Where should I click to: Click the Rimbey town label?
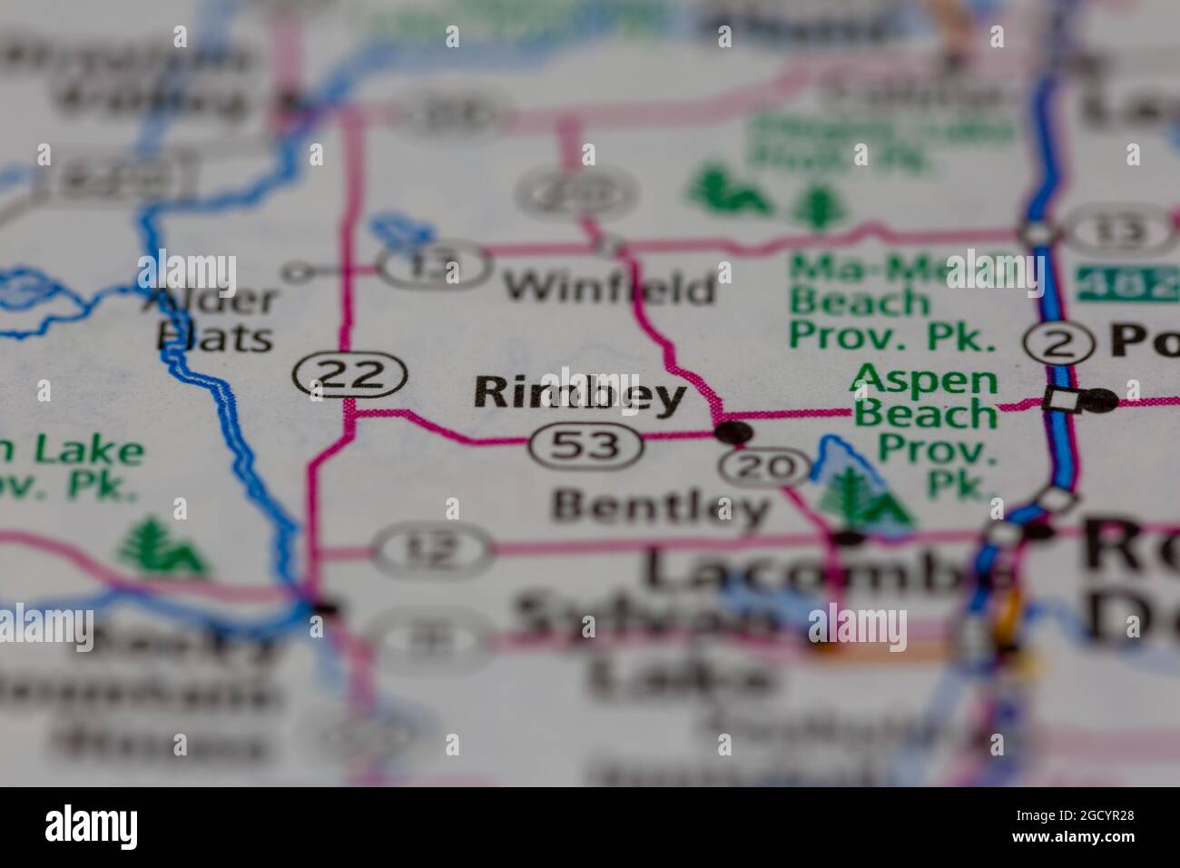tap(579, 394)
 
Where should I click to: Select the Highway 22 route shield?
tap(349, 374)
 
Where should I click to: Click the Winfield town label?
tap(609, 290)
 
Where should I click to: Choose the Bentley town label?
tap(659, 507)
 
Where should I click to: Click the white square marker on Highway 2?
tap(1057, 399)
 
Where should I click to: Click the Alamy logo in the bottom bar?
tap(93, 826)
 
